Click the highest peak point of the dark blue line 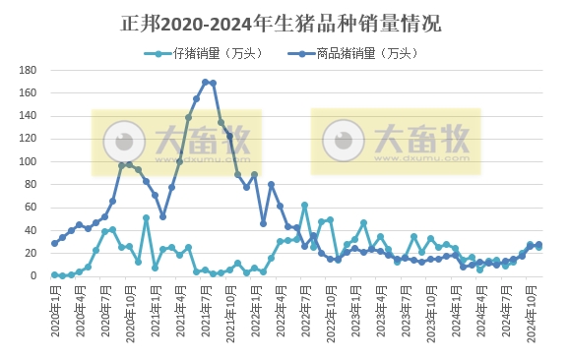[x=205, y=82]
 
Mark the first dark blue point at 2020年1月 [x=54, y=243]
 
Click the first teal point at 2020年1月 [x=54, y=275]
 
